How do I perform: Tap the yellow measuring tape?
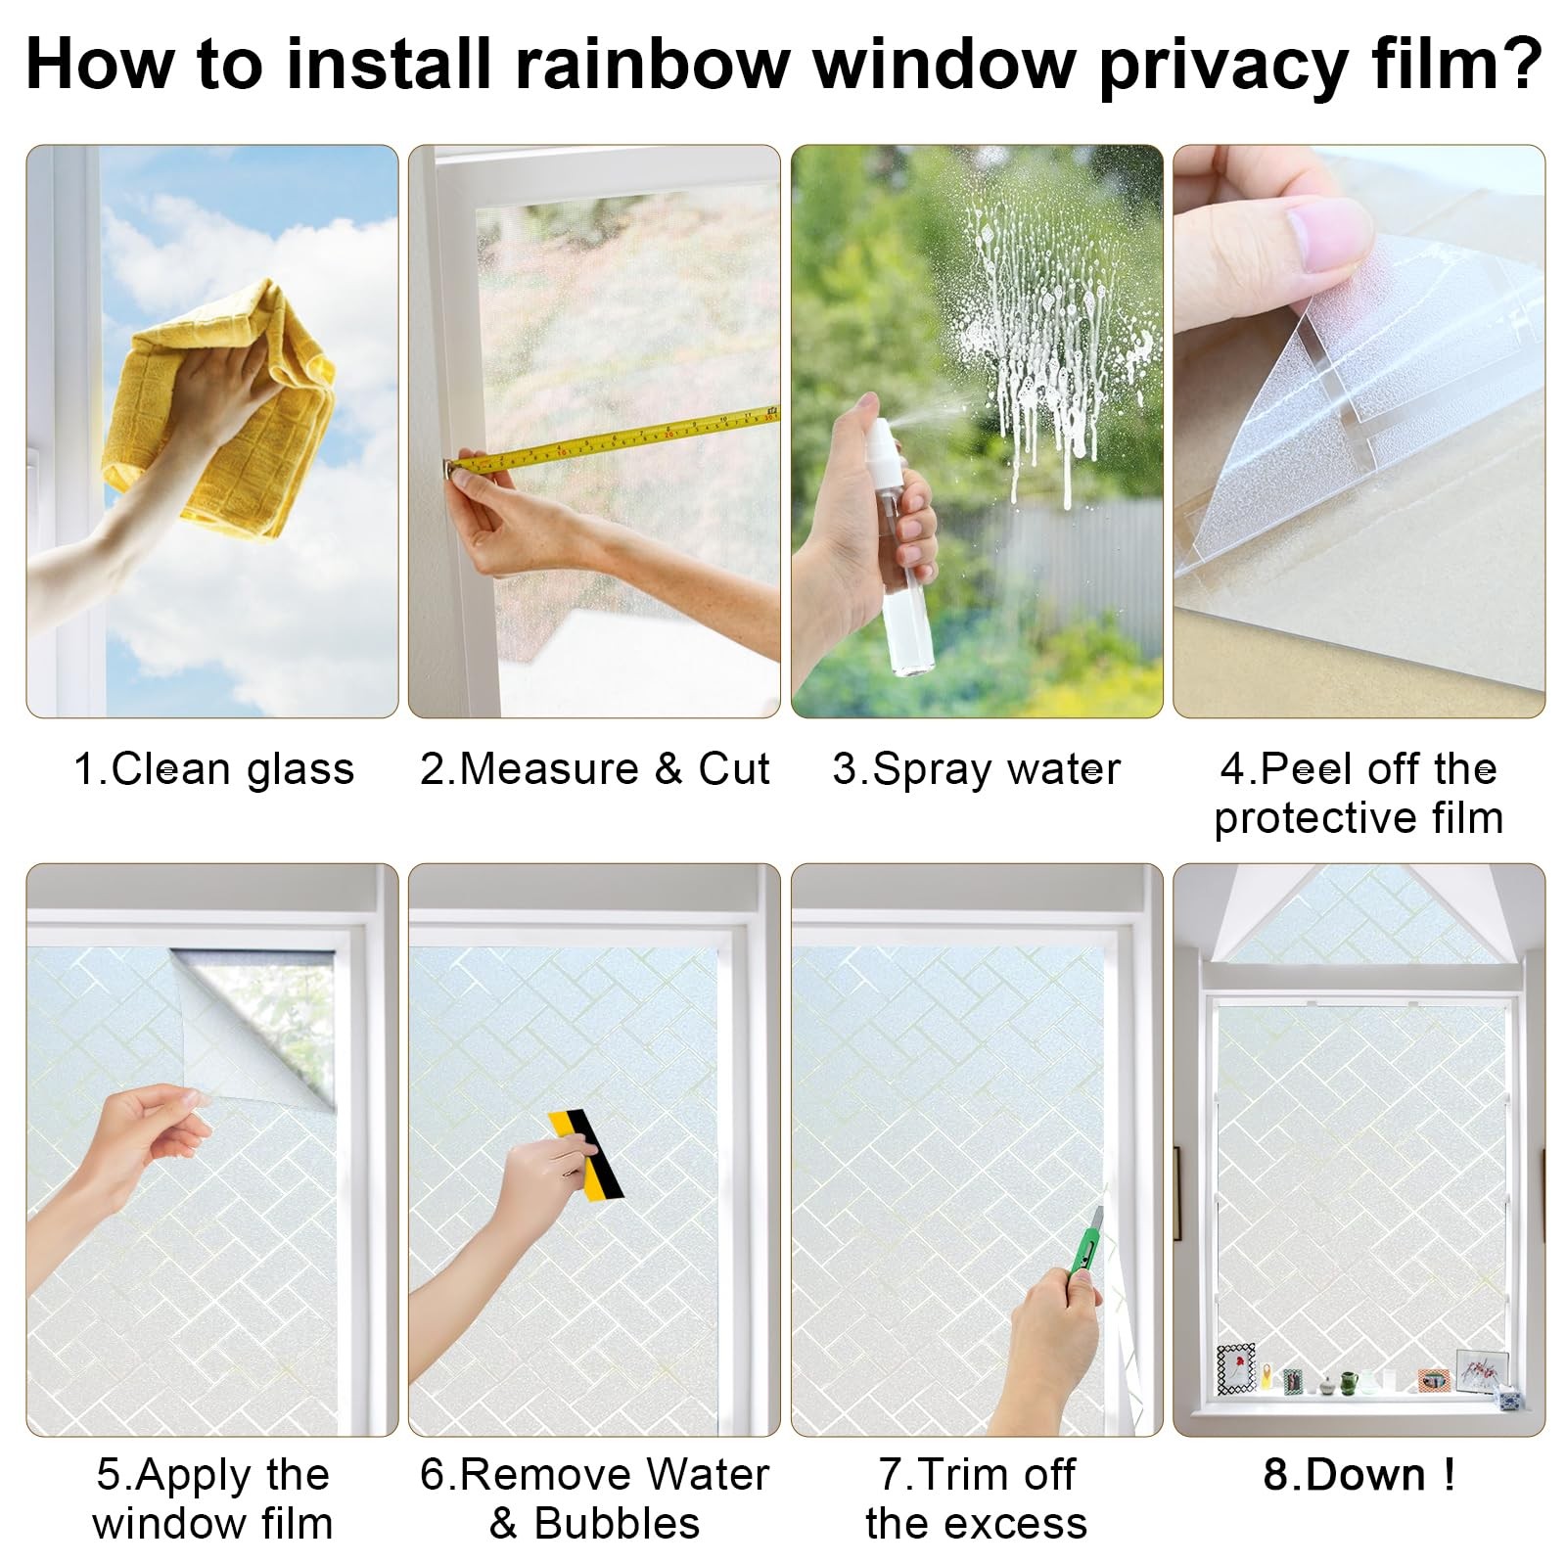coord(612,440)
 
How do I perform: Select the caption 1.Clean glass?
coord(213,769)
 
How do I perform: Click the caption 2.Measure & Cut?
coord(595,769)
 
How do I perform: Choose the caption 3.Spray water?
coord(977,769)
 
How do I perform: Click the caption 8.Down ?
coord(1359,1474)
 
